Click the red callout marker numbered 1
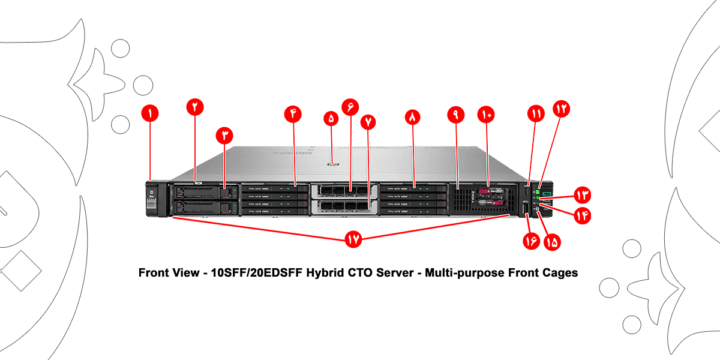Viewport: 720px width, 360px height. pos(149,112)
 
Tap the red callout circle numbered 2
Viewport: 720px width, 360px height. pos(195,107)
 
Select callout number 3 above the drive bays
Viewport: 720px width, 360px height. pos(224,136)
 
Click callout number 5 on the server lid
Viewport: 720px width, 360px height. pos(331,118)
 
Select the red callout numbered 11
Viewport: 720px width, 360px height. pos(535,112)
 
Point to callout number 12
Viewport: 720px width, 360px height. pos(562,109)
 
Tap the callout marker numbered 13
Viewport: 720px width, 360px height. pos(581,194)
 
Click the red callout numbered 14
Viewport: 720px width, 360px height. pos(581,215)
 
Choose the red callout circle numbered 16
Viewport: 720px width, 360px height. pos(530,241)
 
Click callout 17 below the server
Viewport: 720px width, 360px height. pos(353,239)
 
